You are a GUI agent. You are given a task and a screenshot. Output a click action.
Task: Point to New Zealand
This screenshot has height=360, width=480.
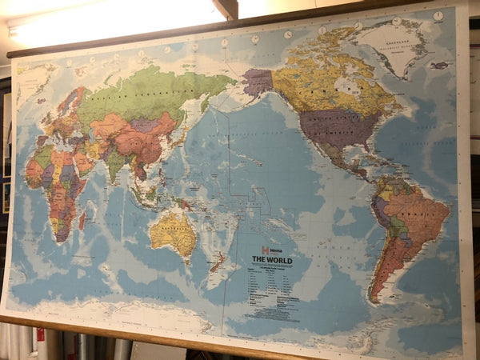(x=217, y=261)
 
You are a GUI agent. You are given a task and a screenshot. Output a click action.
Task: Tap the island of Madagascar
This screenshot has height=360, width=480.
(x=82, y=219)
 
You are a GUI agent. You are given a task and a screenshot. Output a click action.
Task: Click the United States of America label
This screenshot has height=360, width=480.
(x=330, y=124)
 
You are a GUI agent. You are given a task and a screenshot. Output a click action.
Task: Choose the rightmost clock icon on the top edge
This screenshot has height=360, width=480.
(x=438, y=15)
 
